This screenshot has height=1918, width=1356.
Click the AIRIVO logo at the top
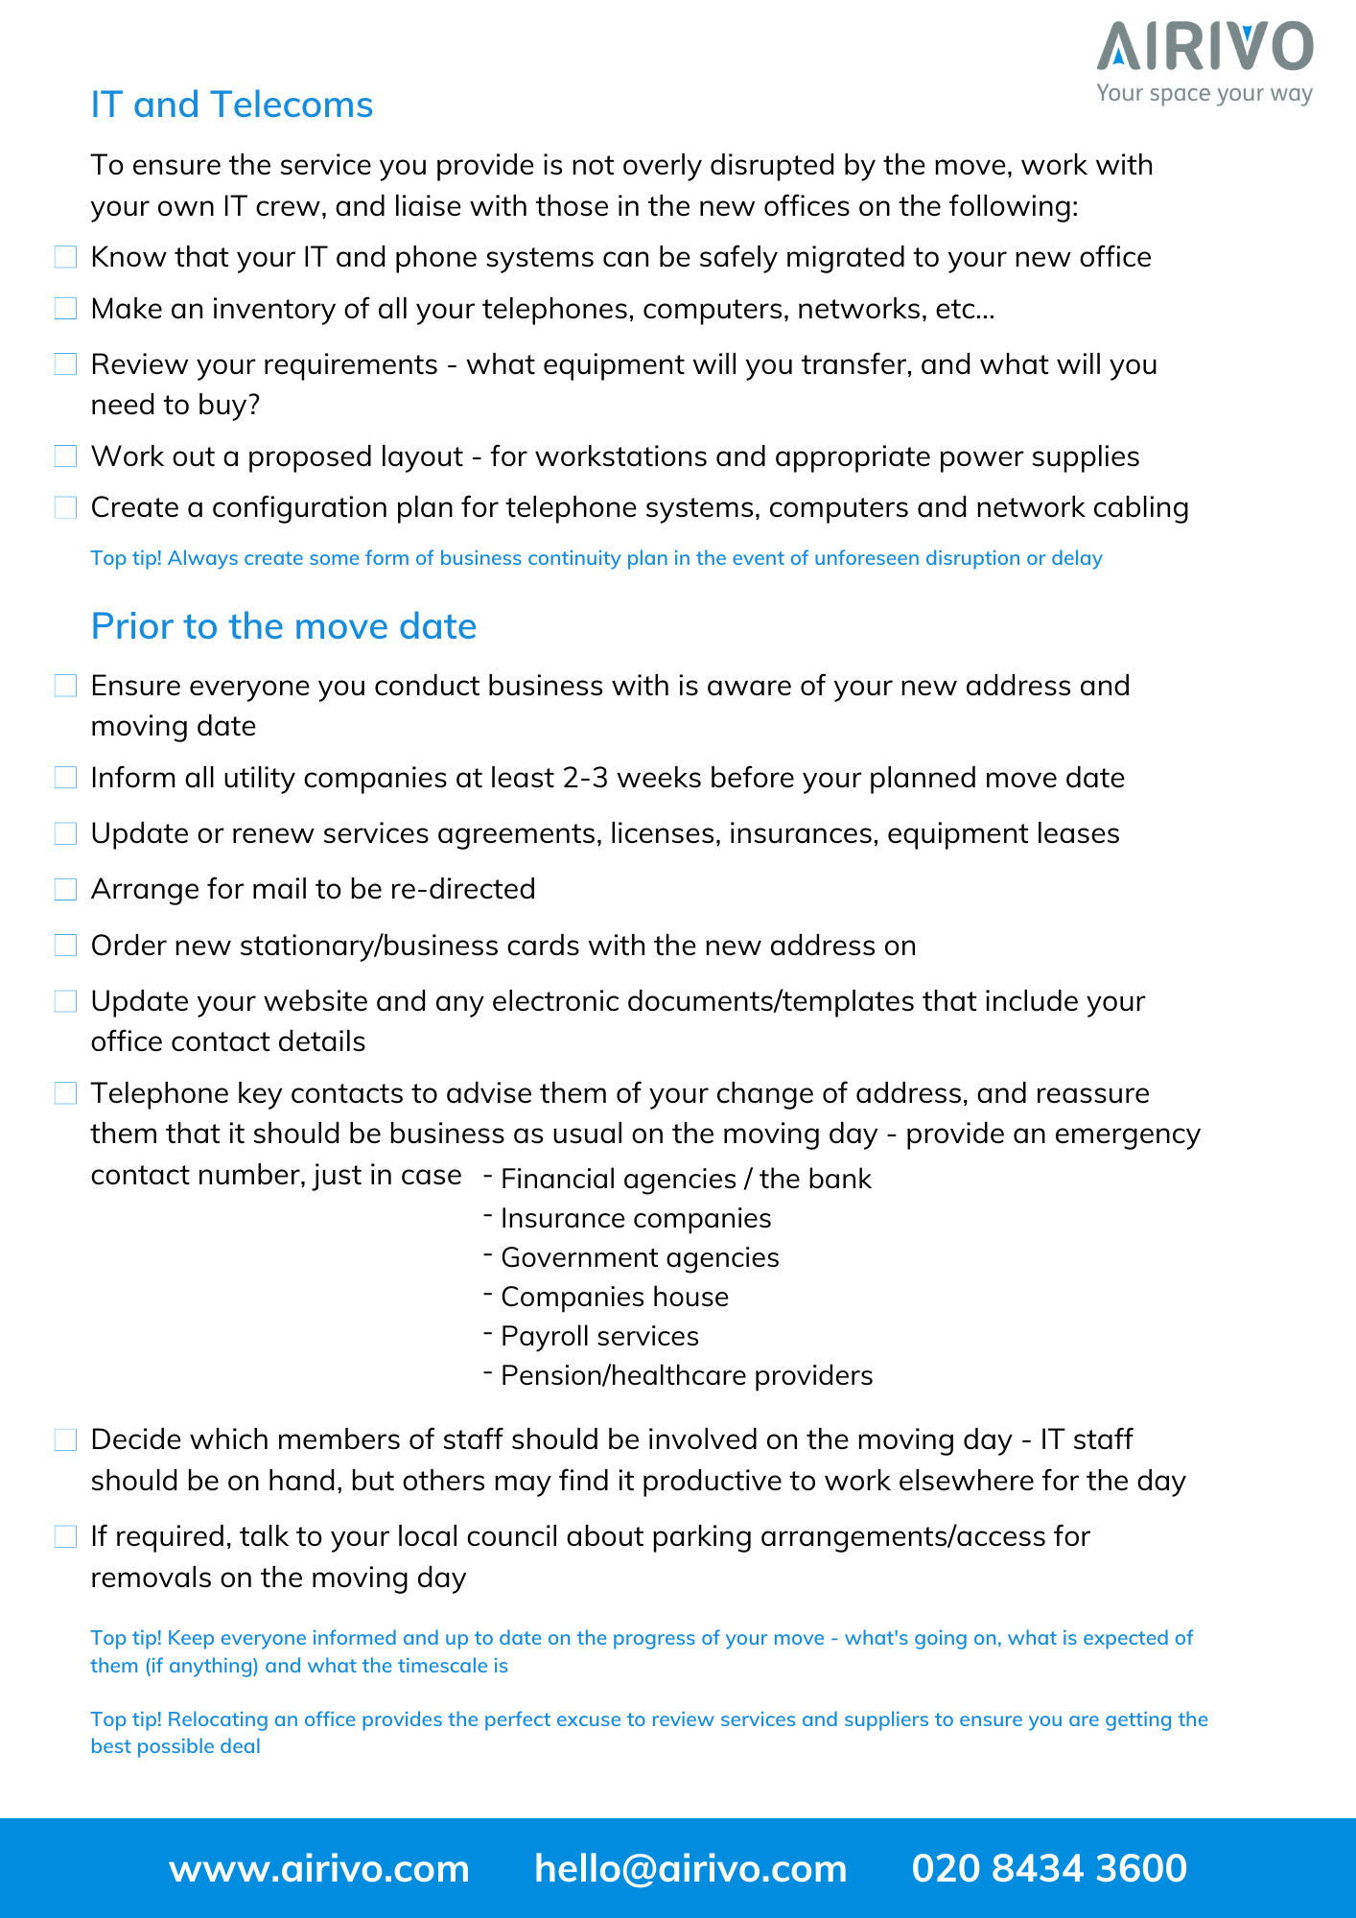[x=1204, y=48]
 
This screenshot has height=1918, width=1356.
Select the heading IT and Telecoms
[x=231, y=105]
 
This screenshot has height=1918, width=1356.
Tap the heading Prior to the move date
[x=283, y=626]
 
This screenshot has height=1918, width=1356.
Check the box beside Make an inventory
[x=65, y=309]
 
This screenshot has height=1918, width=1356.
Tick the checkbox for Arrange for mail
[x=65, y=890]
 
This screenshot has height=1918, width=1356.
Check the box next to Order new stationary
[x=65, y=946]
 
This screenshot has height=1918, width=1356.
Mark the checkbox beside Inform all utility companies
[x=65, y=778]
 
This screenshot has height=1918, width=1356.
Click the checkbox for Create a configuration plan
[x=65, y=507]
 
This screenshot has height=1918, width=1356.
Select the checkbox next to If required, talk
[x=65, y=1537]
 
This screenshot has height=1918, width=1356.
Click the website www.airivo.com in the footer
[x=319, y=1868]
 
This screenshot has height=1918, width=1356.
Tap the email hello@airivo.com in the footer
[x=690, y=1868]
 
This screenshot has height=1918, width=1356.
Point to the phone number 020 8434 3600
[x=1049, y=1868]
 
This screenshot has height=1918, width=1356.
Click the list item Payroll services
[x=599, y=1336]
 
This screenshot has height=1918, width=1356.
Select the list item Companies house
[x=615, y=1297]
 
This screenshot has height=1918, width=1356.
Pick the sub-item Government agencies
[x=640, y=1257]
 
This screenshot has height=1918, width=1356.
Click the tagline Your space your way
[x=1204, y=93]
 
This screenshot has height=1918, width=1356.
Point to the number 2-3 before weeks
[x=585, y=778]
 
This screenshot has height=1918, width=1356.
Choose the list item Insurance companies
[x=636, y=1218]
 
